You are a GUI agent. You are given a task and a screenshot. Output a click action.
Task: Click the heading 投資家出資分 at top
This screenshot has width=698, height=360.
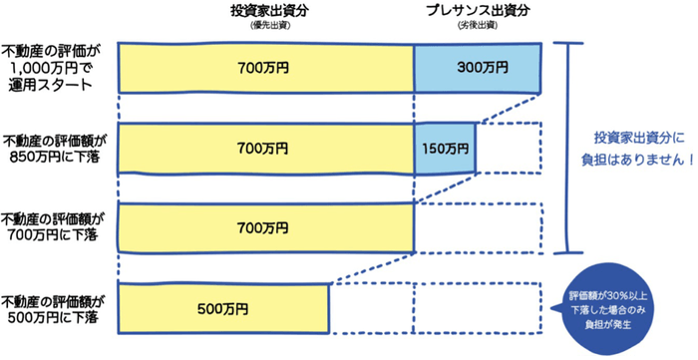coord(263,13)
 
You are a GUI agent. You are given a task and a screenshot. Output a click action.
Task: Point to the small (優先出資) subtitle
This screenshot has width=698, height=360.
coord(263,27)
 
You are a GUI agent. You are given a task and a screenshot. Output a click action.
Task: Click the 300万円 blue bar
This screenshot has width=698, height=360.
coord(477,68)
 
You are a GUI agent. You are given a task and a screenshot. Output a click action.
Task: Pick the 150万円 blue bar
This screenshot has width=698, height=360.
coord(445,148)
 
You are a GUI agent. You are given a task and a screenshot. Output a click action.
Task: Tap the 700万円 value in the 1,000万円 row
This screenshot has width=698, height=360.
coord(263,68)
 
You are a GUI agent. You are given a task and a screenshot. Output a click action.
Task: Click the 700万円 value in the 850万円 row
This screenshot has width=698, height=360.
coord(263,148)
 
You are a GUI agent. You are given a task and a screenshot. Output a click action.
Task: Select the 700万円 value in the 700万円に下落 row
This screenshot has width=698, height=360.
coord(263,227)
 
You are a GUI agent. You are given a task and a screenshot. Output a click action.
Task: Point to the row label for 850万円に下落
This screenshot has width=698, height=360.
coord(55,149)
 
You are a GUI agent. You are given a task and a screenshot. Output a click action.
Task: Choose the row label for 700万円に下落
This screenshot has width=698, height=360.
coord(55,227)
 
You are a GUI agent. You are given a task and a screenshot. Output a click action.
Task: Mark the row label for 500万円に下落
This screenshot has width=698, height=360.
coord(55,308)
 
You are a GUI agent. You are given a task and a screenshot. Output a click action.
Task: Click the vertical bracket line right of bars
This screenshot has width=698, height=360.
coord(569,148)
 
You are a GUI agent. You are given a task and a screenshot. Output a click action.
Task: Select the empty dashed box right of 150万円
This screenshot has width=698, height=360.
coord(509,148)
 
